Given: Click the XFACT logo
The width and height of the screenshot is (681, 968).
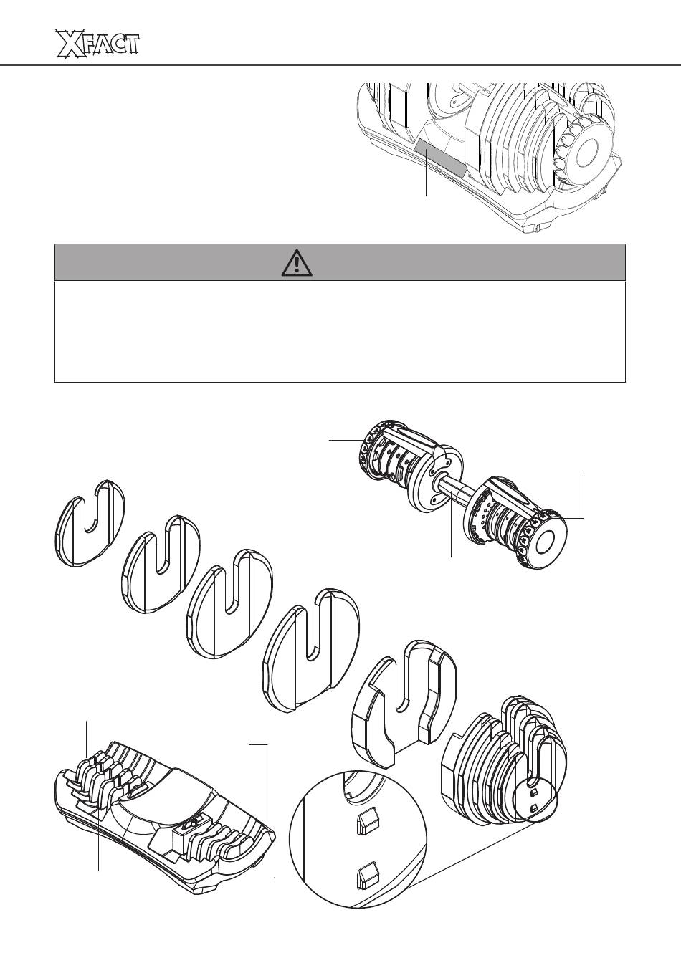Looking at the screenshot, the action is coord(97,43).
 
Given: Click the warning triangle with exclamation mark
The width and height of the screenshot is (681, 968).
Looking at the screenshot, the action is coord(297,263).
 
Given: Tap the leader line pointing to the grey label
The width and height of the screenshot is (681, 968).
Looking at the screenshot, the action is coord(427,172).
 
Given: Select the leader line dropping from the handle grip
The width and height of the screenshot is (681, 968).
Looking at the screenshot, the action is coord(452,522).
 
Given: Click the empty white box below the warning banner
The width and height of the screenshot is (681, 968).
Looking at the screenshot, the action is coord(340,332).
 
